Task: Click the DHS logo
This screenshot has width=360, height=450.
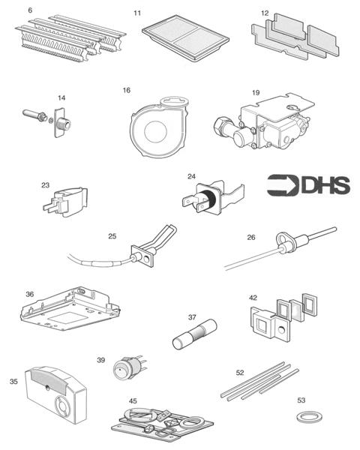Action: [307, 185]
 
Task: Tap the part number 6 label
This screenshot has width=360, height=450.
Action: [30, 10]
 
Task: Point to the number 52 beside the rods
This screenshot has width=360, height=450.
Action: [240, 373]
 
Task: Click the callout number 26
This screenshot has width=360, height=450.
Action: [251, 238]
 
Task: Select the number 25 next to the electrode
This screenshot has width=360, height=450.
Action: [112, 236]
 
